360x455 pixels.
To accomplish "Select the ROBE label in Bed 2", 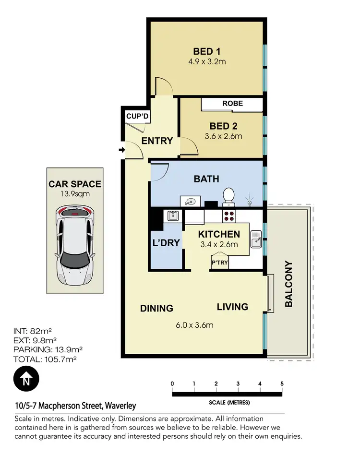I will [x=232, y=103].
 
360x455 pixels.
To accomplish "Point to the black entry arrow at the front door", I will [x=121, y=151].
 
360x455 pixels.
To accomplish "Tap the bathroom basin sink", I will [x=189, y=201].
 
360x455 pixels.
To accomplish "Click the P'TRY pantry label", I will [x=220, y=263].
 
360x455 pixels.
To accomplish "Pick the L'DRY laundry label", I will [x=166, y=243].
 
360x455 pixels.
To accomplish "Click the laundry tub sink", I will [x=173, y=216].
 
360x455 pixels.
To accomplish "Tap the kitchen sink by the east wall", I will [x=256, y=239].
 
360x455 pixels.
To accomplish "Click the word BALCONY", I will [x=288, y=284].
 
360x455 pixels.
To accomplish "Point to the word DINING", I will [x=156, y=308].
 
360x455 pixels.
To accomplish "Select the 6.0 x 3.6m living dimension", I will [x=194, y=325].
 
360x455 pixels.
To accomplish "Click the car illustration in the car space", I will [x=74, y=250].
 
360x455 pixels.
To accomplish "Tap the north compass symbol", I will [x=26, y=379].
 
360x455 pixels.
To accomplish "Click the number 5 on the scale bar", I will [x=282, y=383].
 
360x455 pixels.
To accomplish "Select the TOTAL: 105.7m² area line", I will [x=45, y=358].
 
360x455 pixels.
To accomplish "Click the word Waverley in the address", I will [x=120, y=406].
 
